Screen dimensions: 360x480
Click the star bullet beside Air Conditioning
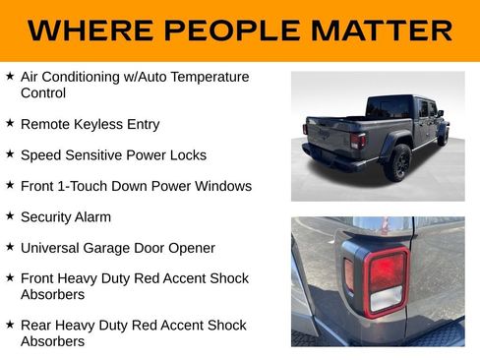pos(9,76)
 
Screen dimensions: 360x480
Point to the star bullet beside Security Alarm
pos(9,215)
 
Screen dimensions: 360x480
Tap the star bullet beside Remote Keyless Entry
pos(9,124)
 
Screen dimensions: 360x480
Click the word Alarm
pos(92,216)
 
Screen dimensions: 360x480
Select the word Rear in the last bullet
pos(35,325)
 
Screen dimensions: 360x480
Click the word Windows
pos(225,186)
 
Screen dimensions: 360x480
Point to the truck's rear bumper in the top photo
pos(334,159)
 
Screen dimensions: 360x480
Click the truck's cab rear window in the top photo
pos(389,106)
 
